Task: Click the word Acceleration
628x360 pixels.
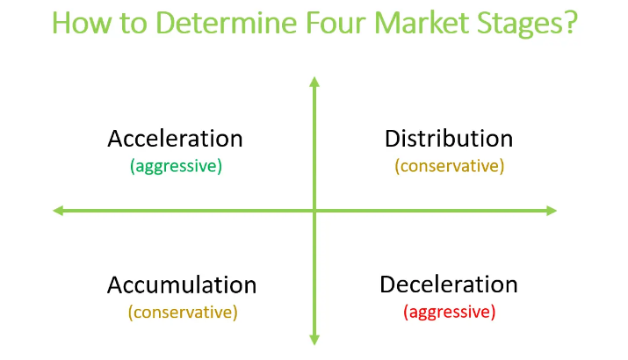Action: (175, 139)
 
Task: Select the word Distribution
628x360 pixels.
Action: (449, 139)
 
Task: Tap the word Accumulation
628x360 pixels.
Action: (182, 284)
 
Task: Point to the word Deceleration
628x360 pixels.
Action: (449, 284)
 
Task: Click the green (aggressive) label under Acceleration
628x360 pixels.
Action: (176, 166)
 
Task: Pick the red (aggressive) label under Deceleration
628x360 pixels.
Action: (450, 312)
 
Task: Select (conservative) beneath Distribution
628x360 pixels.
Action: (450, 166)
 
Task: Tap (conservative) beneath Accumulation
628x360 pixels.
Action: (183, 312)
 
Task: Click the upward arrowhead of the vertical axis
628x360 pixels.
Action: (314, 82)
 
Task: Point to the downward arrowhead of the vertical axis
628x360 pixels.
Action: (314, 341)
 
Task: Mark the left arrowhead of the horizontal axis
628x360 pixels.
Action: (58, 211)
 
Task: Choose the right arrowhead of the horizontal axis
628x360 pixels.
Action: (552, 211)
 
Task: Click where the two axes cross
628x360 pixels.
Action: (314, 211)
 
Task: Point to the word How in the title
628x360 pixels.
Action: (82, 23)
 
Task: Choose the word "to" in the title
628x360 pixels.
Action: (134, 24)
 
